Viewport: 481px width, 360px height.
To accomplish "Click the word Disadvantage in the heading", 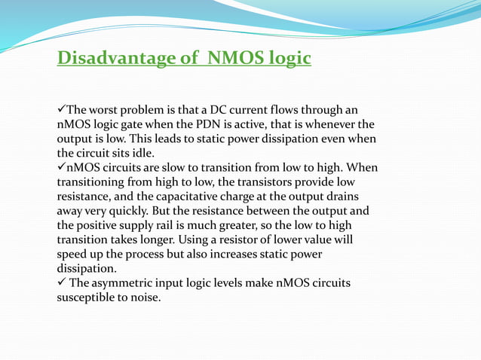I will point(106,58).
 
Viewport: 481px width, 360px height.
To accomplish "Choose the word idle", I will point(142,152).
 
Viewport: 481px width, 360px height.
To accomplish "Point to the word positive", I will point(100,224).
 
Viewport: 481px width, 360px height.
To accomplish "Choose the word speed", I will point(73,254).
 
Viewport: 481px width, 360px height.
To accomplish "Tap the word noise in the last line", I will point(145,297).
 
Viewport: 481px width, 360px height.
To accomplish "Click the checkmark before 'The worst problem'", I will point(62,109).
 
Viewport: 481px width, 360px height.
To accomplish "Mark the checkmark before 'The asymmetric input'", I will point(62,282).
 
